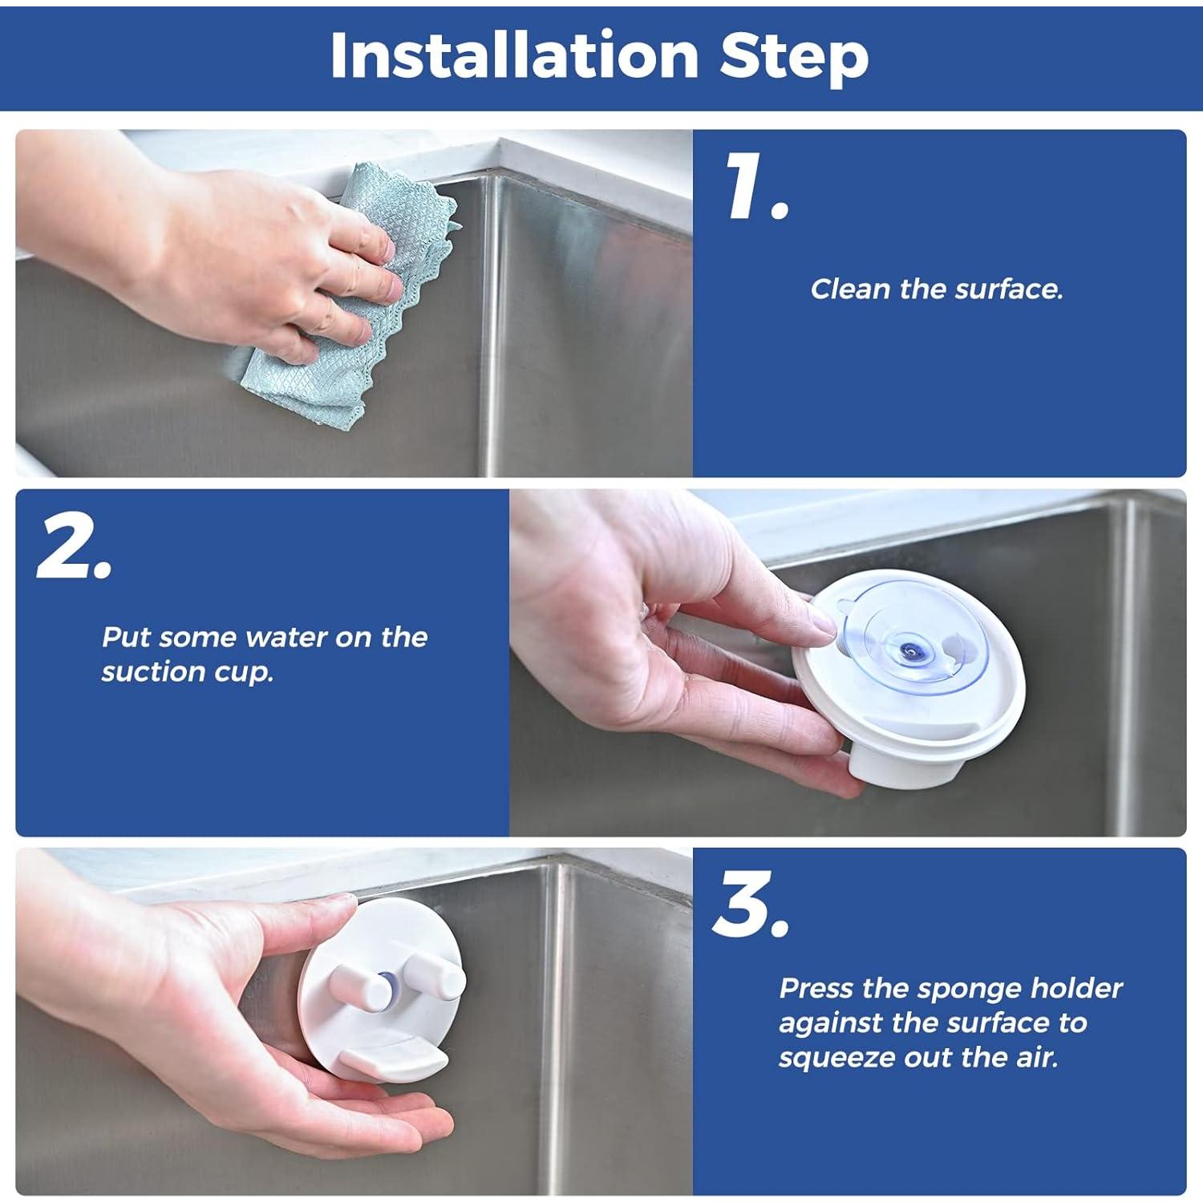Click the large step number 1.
756,186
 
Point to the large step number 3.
751,904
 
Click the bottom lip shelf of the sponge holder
393,1059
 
